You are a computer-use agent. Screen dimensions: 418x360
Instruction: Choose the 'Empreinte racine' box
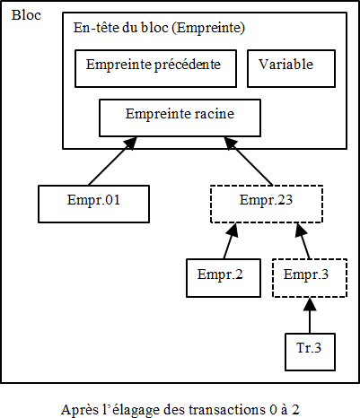(179, 116)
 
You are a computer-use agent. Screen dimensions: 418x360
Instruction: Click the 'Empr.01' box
(92, 204)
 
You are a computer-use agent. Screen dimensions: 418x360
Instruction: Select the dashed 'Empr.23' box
(266, 204)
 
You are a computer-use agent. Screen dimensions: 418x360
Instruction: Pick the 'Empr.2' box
(220, 277)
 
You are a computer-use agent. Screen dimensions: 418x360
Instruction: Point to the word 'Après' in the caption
(78, 408)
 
